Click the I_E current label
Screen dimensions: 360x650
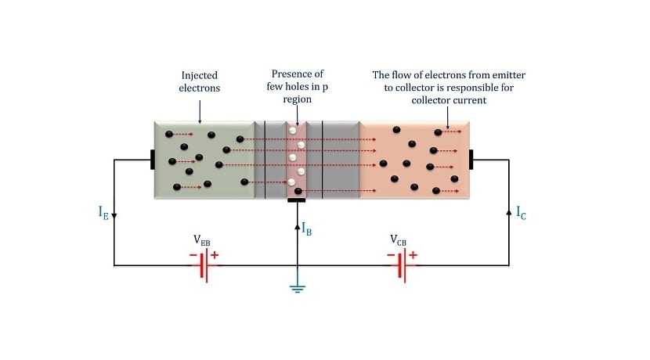[x=103, y=212]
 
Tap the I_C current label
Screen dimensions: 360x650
[x=521, y=212]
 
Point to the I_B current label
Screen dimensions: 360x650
[x=308, y=229]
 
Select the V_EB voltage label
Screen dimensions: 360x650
[x=202, y=240]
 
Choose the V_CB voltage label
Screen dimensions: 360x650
[x=399, y=240]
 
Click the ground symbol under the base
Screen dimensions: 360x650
[x=297, y=289]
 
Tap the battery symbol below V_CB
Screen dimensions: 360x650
[x=401, y=265]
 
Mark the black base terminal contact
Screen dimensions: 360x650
[x=297, y=200]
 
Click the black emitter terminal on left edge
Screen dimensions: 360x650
[x=153, y=160]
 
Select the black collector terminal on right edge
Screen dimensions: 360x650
[x=471, y=160]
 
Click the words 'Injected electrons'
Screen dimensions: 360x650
[x=200, y=81]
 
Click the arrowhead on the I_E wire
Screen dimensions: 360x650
[x=114, y=216]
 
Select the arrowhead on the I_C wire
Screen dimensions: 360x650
[x=509, y=211]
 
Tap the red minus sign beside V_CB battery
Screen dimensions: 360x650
[x=390, y=255]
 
